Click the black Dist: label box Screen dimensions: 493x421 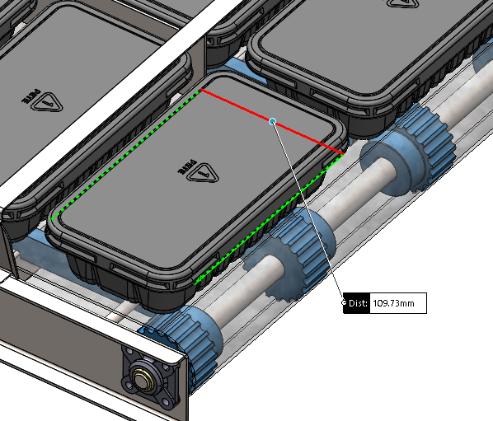tap(356, 303)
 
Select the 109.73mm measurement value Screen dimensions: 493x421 tap(393, 303)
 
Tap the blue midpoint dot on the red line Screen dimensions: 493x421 tap(273, 121)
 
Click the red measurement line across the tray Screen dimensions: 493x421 tap(272, 121)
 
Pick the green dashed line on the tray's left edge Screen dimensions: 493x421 tap(126, 153)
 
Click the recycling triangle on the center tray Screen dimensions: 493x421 tap(203, 172)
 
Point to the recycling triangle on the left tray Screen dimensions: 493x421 tap(46, 102)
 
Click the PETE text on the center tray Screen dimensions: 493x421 tap(187, 166)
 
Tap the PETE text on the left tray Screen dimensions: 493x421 tap(31, 96)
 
